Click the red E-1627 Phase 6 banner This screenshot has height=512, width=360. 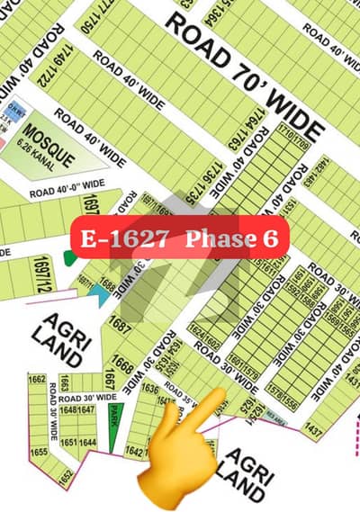[x=181, y=238]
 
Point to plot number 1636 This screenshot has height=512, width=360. [x=150, y=389]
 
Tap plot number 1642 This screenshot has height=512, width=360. [x=132, y=450]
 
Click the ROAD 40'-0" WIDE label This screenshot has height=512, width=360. [x=67, y=191]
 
